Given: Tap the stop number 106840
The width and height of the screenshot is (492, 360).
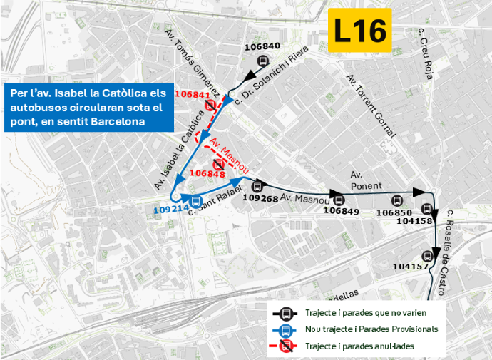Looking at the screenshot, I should point(262,47).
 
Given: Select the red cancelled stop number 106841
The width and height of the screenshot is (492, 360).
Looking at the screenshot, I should point(191,94).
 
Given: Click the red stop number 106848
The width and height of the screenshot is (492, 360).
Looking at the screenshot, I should point(208,173).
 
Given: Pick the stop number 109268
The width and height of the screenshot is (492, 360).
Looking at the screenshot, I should point(260,198).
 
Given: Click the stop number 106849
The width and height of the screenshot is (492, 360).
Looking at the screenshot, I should point(341,210).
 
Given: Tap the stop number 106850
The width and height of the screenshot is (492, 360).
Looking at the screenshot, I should point(394,212).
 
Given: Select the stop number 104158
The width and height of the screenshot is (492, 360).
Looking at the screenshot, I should point(414,221).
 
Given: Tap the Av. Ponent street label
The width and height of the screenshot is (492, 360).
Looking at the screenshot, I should point(367,179).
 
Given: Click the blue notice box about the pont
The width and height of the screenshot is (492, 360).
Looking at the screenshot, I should point(88,107).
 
